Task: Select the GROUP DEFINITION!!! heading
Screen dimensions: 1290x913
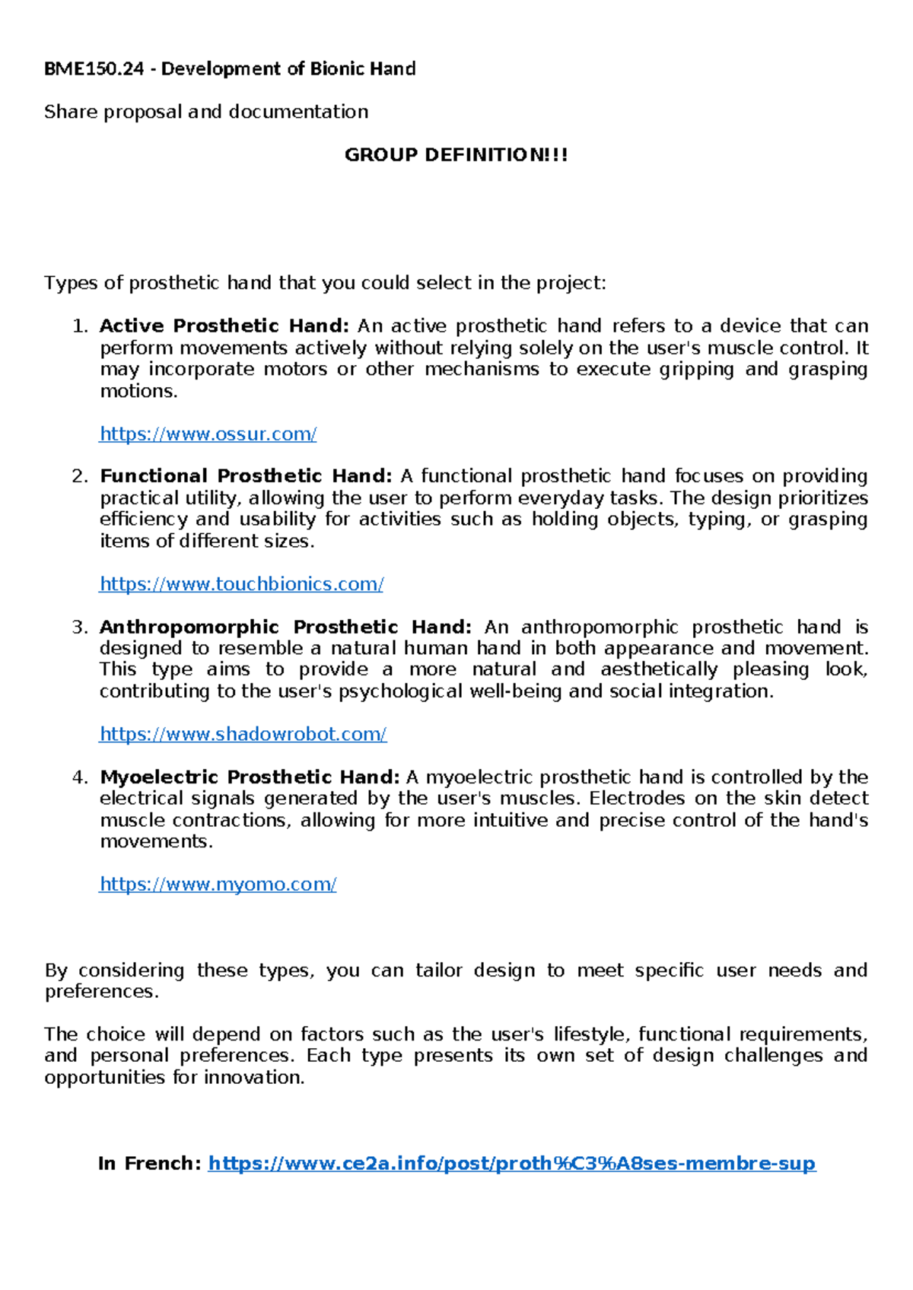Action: click(x=456, y=155)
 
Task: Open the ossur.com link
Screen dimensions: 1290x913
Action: click(x=208, y=434)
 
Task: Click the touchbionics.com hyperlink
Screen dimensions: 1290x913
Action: click(x=241, y=584)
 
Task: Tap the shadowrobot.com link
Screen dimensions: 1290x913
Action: click(x=243, y=734)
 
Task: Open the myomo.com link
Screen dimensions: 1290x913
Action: click(x=218, y=884)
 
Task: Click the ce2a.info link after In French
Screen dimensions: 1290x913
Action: click(x=511, y=1164)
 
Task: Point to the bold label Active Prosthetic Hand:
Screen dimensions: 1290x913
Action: click(x=224, y=326)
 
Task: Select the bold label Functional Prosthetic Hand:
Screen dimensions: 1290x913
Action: click(x=246, y=476)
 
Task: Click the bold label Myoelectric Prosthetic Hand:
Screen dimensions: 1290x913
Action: click(x=250, y=777)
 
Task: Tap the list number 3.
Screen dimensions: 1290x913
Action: click(x=79, y=628)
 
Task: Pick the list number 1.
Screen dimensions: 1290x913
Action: click(x=79, y=326)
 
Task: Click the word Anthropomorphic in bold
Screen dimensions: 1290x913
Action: click(x=189, y=628)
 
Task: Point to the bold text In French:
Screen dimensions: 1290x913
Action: click(x=149, y=1164)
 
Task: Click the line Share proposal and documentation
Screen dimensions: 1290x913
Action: click(x=206, y=113)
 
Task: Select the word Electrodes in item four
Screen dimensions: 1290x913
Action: click(x=637, y=799)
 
